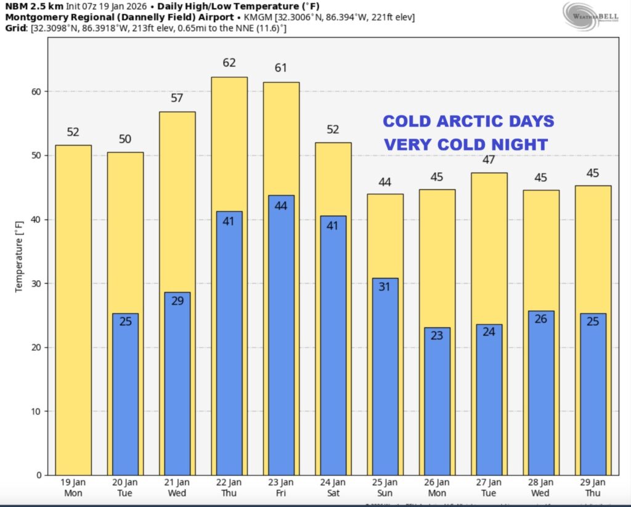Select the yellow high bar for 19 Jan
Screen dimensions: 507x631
[73, 308]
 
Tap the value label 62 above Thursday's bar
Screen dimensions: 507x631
[229, 63]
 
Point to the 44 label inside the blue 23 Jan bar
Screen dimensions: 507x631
[281, 206]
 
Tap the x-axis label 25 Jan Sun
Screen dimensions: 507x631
[385, 487]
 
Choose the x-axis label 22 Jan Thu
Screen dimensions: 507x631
[229, 487]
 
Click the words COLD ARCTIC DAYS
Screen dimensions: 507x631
[468, 121]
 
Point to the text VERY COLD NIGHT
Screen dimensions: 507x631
[466, 145]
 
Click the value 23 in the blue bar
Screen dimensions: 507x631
[437, 336]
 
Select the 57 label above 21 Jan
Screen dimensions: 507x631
[177, 97]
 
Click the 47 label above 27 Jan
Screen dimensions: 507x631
[489, 159]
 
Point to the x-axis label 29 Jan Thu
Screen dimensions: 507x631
[593, 487]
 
